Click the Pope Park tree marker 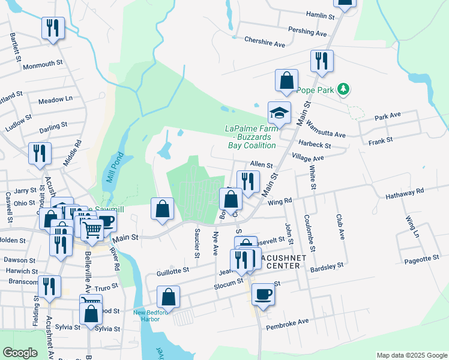click(343, 89)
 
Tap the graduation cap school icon click(279, 112)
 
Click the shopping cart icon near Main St click(92, 229)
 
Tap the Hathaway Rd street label click(405, 190)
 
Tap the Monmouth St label click(43, 63)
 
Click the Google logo click(20, 353)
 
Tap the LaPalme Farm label click(250, 136)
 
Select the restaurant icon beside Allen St click(247, 181)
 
